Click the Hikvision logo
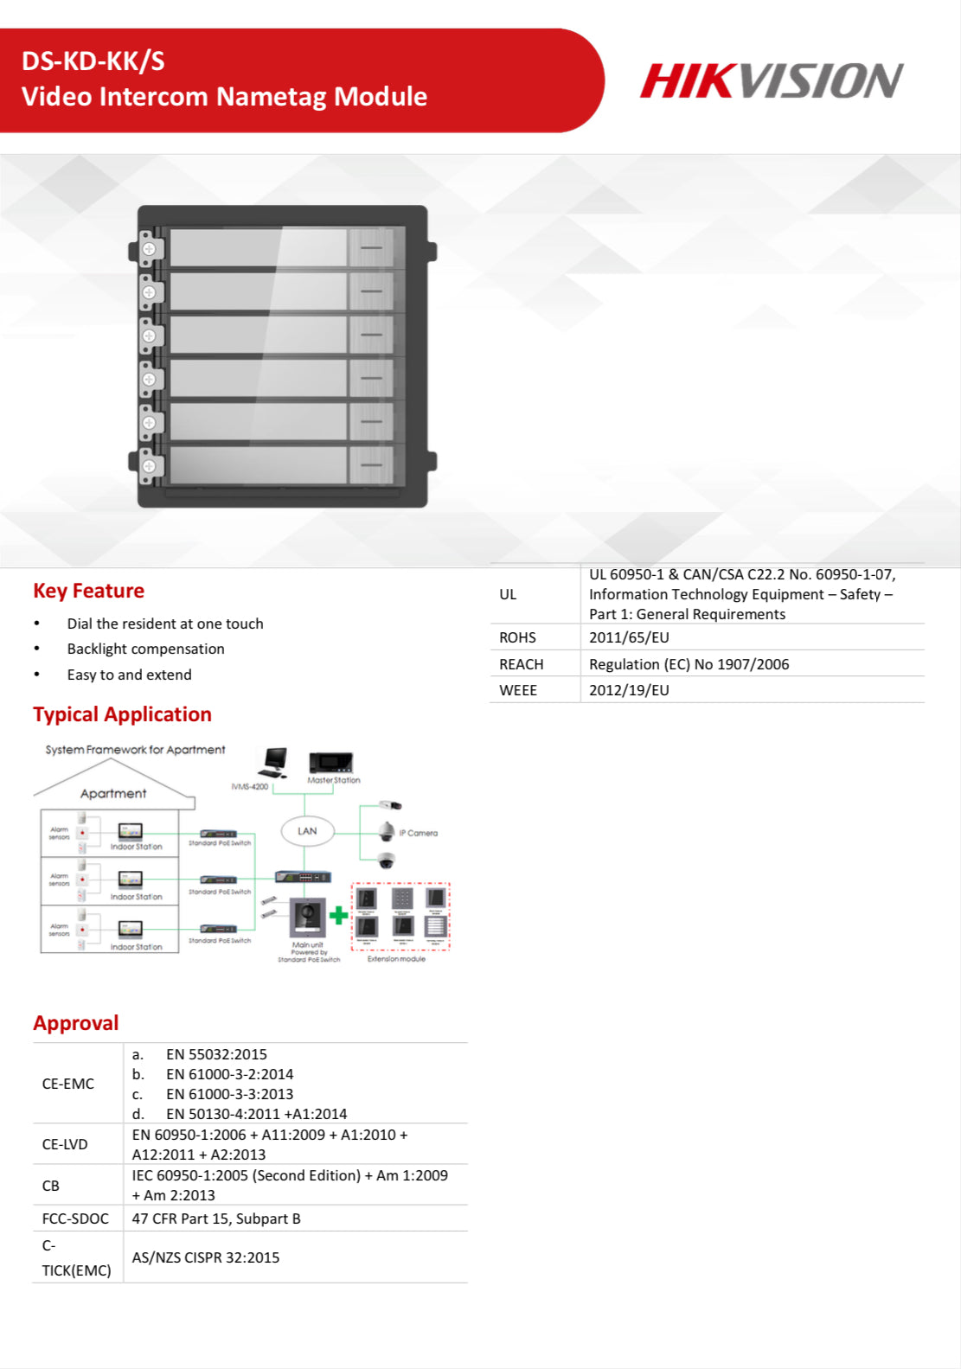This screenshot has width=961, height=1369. (x=771, y=80)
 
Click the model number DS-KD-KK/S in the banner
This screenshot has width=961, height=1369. (x=93, y=61)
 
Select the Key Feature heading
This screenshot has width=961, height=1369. (x=88, y=591)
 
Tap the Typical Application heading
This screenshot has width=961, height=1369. (x=122, y=714)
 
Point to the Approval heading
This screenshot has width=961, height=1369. (x=76, y=1023)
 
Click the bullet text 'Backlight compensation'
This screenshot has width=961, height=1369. (x=145, y=649)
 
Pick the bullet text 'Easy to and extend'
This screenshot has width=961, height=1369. (x=130, y=675)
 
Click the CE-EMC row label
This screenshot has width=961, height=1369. (x=67, y=1084)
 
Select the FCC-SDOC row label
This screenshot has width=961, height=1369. (x=75, y=1219)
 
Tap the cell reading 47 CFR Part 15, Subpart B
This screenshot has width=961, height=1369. (x=216, y=1219)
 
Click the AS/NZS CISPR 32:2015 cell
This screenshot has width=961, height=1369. (x=206, y=1257)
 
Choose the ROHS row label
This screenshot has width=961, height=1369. (x=517, y=637)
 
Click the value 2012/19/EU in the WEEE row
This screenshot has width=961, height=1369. (x=629, y=690)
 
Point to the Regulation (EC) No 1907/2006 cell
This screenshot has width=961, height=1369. (x=689, y=664)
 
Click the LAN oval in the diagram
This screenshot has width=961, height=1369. (x=307, y=831)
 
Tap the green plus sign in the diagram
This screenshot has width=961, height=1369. (x=339, y=914)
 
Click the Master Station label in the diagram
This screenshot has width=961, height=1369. (x=334, y=780)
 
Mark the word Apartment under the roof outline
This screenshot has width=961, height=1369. (x=113, y=793)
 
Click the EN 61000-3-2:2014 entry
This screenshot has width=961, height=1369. (x=229, y=1074)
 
